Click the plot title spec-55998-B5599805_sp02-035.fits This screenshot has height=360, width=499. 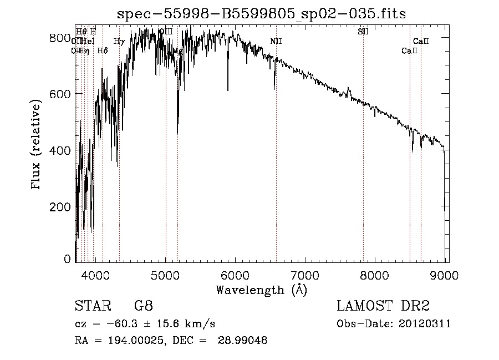pos(261,14)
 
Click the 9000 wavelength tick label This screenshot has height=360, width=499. pos(446,275)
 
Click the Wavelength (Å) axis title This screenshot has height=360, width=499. pos(261,290)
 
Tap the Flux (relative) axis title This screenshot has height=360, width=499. pos(37,145)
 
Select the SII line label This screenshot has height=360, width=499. pos(363,32)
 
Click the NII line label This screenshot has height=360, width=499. pos(276,42)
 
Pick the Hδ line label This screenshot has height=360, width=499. pos(103,51)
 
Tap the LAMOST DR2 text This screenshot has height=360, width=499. pos(383,306)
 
